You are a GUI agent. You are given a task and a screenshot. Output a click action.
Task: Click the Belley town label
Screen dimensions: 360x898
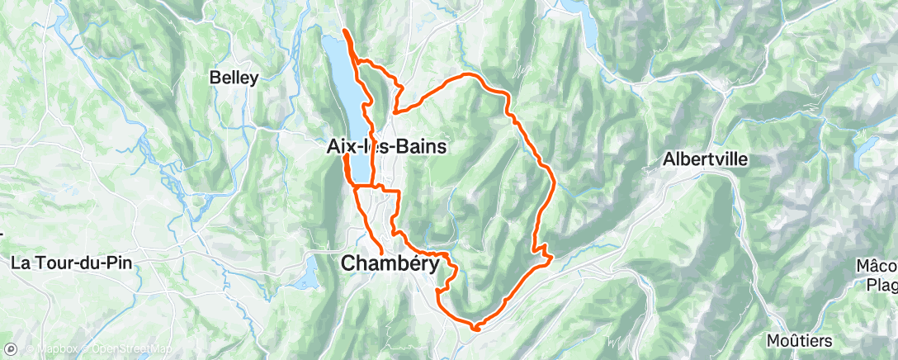pos(234,78)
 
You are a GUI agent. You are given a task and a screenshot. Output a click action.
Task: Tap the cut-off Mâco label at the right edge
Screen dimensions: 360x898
pos(881,266)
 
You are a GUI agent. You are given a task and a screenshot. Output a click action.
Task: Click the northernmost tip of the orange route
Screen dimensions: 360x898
pos(344,31)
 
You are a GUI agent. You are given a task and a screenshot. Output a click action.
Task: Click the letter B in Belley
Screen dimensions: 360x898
pos(215,78)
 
